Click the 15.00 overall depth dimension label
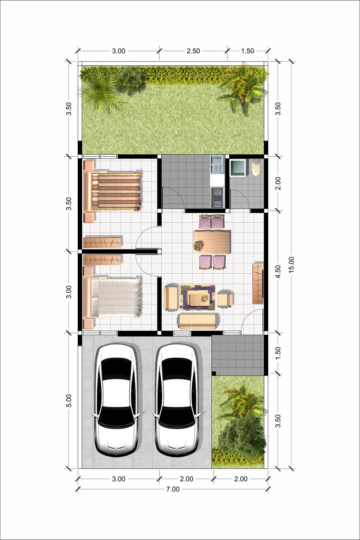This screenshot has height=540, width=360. pos(291,265)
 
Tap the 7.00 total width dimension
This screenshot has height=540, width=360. pos(173,489)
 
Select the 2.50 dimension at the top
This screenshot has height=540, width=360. pos(193,51)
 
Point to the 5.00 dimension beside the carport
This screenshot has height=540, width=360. pos(69,401)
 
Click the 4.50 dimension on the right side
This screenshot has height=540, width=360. pos(278,272)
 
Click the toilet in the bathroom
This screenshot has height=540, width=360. pos(256,168)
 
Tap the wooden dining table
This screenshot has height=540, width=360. pos(212,241)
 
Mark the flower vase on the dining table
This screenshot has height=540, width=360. pos(199,245)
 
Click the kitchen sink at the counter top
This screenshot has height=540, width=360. pos(217,165)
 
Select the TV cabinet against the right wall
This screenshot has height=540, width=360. pos(258,284)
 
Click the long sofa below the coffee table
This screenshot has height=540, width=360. pos(197,321)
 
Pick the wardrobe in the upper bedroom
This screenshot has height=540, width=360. pos(102,242)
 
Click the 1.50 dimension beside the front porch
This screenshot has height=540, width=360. pos(278,353)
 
